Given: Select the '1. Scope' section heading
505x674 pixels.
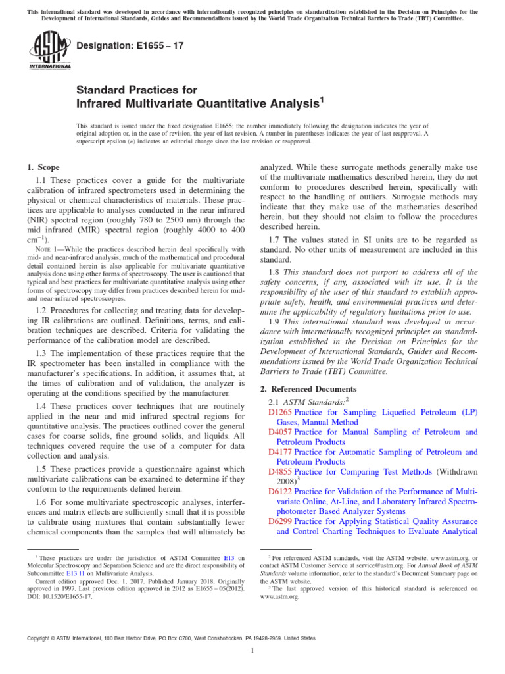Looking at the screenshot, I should pos(43,168).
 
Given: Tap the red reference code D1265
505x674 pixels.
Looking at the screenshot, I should pos(280,412).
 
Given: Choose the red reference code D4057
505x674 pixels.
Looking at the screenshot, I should pos(280,432).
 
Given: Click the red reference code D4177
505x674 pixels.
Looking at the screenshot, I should pos(280,452).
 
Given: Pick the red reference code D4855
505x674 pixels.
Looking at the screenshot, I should pos(280,472).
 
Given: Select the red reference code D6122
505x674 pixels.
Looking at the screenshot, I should pos(280,492).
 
